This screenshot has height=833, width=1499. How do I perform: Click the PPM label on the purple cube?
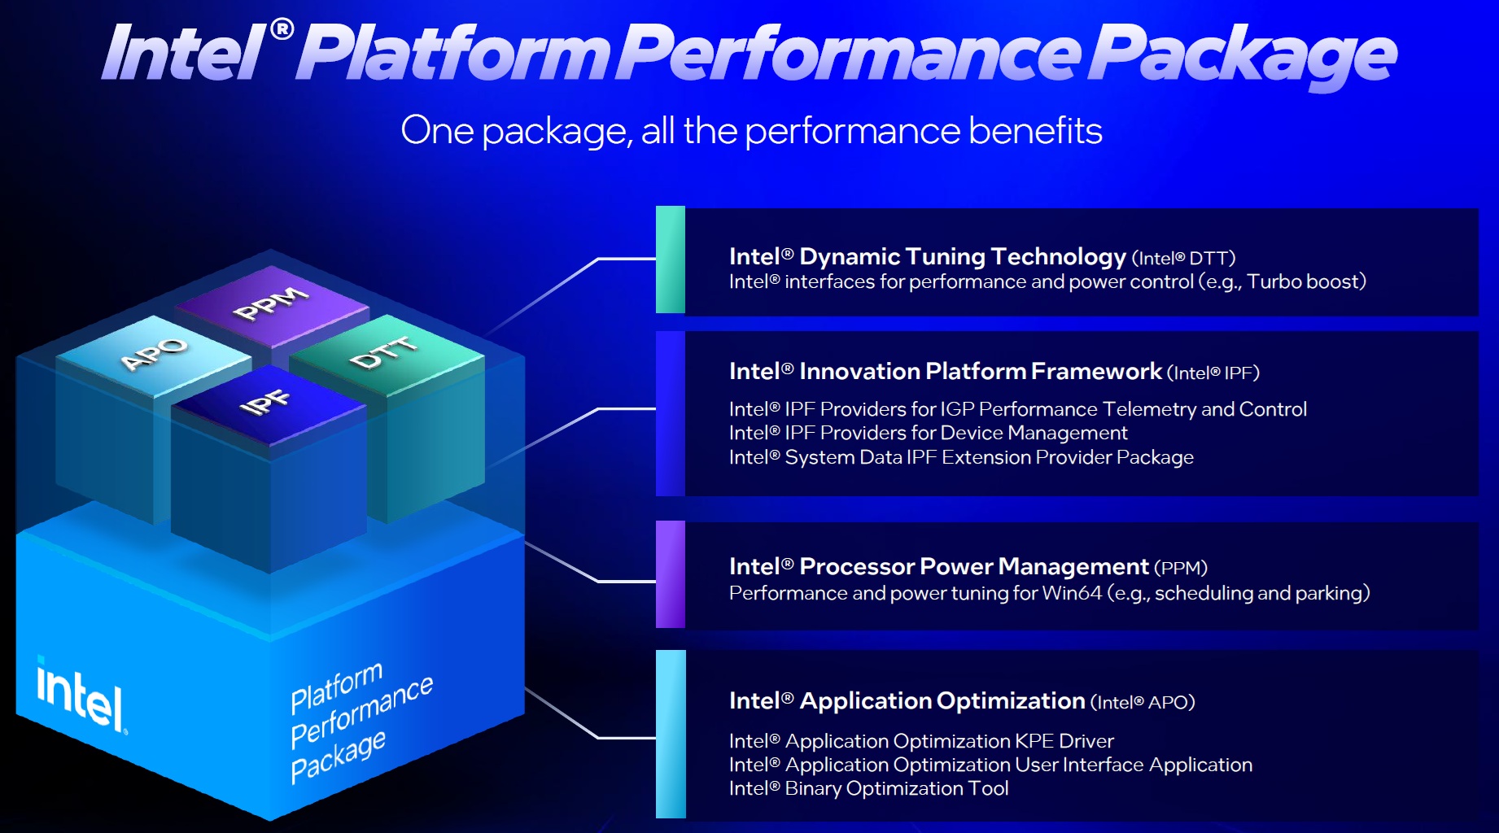pyautogui.click(x=271, y=303)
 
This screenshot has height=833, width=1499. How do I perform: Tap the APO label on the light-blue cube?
pyautogui.click(x=154, y=354)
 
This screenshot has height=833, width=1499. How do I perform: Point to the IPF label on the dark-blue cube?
pyautogui.click(x=265, y=402)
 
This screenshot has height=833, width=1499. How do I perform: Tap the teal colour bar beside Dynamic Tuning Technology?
pyautogui.click(x=671, y=259)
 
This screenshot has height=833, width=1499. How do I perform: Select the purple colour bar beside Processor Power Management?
pyautogui.click(x=671, y=574)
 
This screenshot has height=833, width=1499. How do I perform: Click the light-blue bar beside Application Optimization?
pyautogui.click(x=671, y=734)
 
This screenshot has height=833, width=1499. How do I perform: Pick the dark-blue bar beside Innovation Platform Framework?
pyautogui.click(x=671, y=413)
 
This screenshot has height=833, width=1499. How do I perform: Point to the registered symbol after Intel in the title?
pyautogui.click(x=282, y=30)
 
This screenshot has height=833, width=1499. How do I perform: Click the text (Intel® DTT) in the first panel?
pyautogui.click(x=1183, y=259)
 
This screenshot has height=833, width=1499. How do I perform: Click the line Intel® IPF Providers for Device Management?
pyautogui.click(x=928, y=433)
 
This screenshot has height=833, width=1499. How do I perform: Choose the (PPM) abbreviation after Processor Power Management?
pyautogui.click(x=1180, y=568)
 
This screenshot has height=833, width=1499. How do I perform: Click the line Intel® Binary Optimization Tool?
pyautogui.click(x=868, y=788)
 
